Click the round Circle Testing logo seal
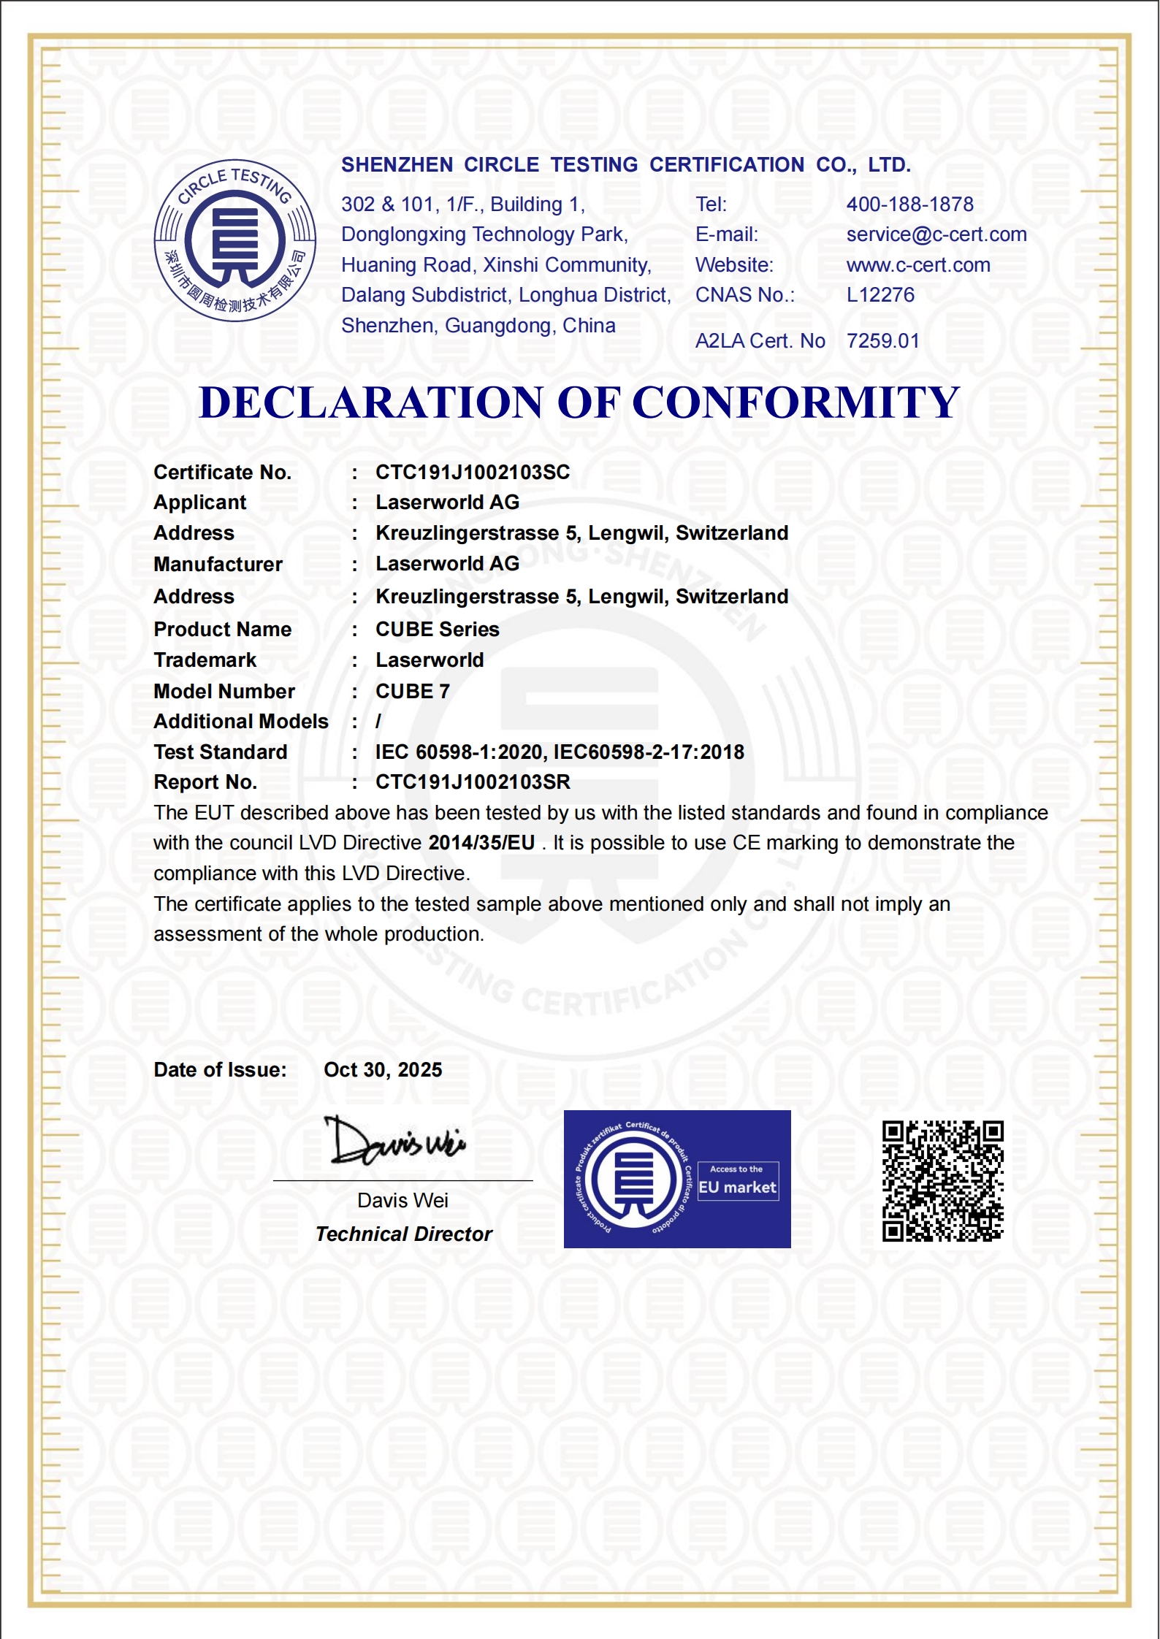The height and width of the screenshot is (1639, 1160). (x=234, y=240)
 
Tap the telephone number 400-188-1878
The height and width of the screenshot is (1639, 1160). (x=909, y=205)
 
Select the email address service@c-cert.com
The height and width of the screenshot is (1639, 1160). (x=936, y=234)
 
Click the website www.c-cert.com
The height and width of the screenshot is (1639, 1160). (x=918, y=265)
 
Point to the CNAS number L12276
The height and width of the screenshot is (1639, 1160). (x=880, y=295)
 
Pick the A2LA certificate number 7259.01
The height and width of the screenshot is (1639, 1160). (x=882, y=341)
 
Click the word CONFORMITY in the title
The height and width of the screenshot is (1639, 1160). (x=795, y=402)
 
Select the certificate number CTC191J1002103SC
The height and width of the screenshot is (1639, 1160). (x=473, y=473)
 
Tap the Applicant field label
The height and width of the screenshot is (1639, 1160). (x=199, y=503)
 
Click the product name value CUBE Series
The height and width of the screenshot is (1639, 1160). (x=437, y=630)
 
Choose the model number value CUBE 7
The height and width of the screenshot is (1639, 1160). (x=412, y=692)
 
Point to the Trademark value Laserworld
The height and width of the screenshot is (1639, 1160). (x=430, y=660)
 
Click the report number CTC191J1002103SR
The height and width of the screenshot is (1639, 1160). (x=473, y=782)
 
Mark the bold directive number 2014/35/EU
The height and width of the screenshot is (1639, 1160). (x=481, y=843)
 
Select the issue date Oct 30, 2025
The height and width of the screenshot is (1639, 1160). (x=383, y=1070)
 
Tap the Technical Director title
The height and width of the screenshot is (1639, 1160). (x=403, y=1234)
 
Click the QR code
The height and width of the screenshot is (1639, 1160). (x=942, y=1181)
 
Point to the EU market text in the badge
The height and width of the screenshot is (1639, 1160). (x=737, y=1188)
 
